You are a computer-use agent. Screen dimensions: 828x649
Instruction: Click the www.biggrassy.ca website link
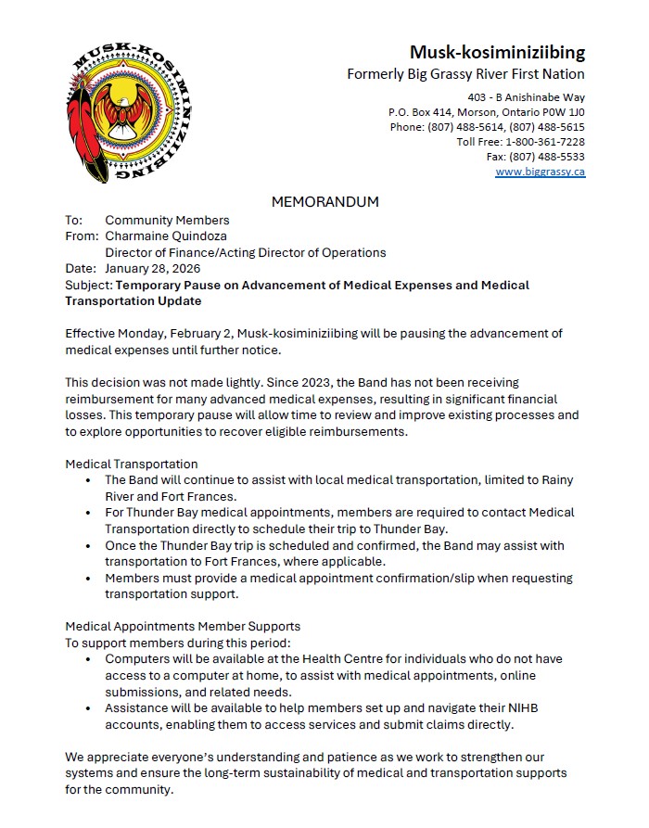click(540, 172)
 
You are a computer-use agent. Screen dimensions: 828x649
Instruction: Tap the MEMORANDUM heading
click(324, 201)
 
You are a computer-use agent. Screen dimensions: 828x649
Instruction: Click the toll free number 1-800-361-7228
click(544, 142)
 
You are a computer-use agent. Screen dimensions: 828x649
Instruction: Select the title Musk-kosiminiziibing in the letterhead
click(497, 52)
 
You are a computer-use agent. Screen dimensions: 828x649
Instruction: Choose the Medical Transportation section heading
click(131, 464)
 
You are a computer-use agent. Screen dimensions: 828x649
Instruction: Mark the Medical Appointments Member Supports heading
click(183, 627)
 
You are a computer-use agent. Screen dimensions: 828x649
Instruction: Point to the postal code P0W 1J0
click(561, 112)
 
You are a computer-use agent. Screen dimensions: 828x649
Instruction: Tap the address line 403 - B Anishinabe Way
click(527, 97)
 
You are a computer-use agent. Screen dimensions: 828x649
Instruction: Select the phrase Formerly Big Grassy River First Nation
click(465, 74)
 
